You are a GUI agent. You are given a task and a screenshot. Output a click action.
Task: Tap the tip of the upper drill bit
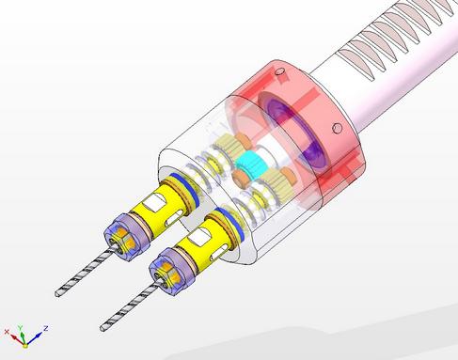pyautogui.click(x=57, y=294)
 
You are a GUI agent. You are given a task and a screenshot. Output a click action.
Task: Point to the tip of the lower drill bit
pyautogui.click(x=103, y=328)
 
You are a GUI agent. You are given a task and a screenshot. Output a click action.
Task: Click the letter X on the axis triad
pyautogui.click(x=7, y=332)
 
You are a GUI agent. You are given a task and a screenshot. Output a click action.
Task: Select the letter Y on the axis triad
pyautogui.click(x=21, y=328)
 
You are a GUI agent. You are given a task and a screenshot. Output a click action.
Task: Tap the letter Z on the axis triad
pyautogui.click(x=46, y=328)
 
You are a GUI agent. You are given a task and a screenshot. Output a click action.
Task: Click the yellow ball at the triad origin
pyautogui.click(x=25, y=346)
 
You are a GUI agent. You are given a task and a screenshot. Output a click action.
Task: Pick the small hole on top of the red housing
pyautogui.click(x=279, y=72)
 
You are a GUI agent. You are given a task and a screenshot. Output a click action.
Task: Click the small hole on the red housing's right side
pyautogui.click(x=338, y=128)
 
